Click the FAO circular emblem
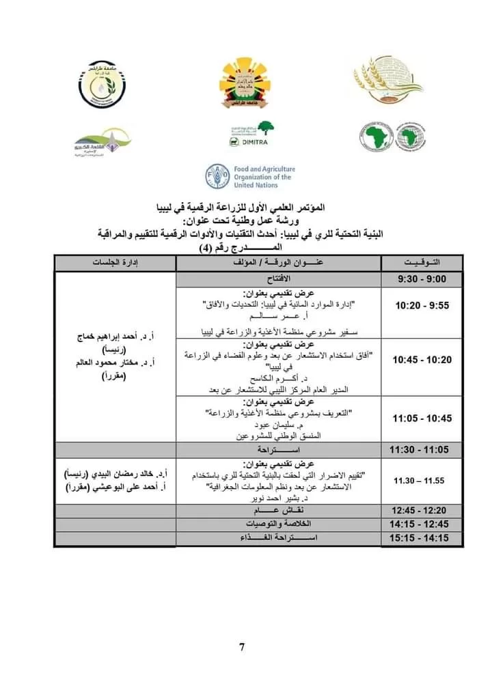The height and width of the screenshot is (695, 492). pos(218,176)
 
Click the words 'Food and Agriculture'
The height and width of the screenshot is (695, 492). pos(264,169)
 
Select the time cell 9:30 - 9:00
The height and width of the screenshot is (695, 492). pos(422,280)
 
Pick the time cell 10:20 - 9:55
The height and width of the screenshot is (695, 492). pos(422,306)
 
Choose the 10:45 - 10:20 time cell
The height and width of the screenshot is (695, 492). pos(422,360)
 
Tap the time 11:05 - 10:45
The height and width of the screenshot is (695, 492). pos(422,418)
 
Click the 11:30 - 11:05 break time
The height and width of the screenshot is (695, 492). pos(422,451)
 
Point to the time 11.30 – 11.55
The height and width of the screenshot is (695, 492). pos(420,481)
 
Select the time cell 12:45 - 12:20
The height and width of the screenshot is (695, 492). pos(422,510)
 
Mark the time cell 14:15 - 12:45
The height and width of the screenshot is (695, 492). pos(422,524)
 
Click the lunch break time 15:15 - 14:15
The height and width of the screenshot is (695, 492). pos(422,538)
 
